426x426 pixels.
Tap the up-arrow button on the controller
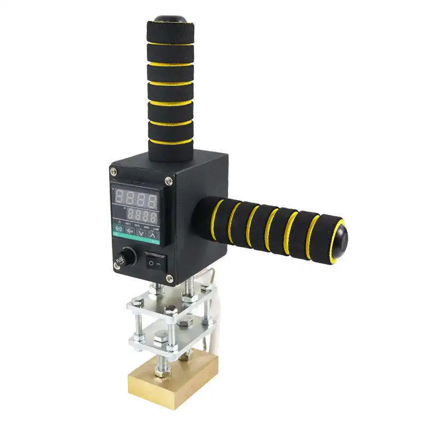click(x=153, y=234)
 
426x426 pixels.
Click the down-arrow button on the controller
click(x=140, y=233)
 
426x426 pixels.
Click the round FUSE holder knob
click(x=127, y=257)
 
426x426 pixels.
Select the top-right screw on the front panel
click(x=169, y=182)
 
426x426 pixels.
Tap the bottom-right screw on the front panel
click(x=169, y=278)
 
